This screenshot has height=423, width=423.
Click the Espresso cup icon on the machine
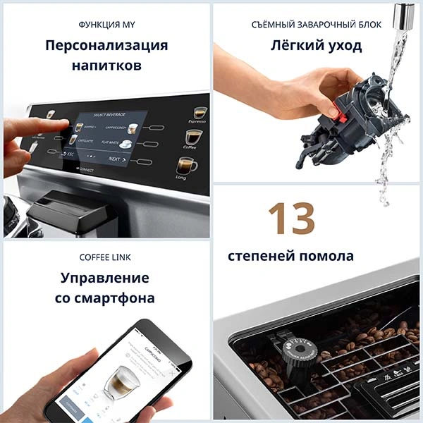200,113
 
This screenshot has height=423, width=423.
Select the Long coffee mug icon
186,166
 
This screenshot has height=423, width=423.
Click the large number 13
290,219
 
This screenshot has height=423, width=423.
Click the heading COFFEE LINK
105,257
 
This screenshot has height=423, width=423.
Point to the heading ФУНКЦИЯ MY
106,25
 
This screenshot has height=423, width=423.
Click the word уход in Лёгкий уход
345,46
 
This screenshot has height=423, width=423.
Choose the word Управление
105,277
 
